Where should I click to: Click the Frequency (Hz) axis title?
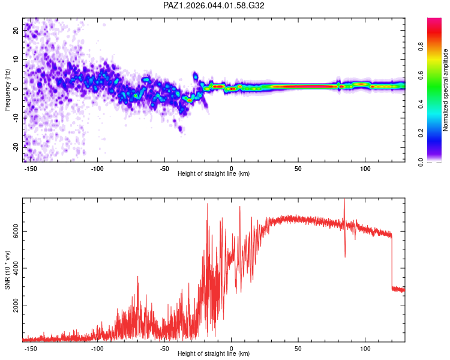(7, 90)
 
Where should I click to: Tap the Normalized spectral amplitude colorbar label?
(446, 90)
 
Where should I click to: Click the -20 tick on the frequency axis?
(16, 146)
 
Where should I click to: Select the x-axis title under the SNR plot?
(214, 353)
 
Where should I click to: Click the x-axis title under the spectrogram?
(214, 173)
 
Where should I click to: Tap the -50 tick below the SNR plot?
(164, 347)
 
